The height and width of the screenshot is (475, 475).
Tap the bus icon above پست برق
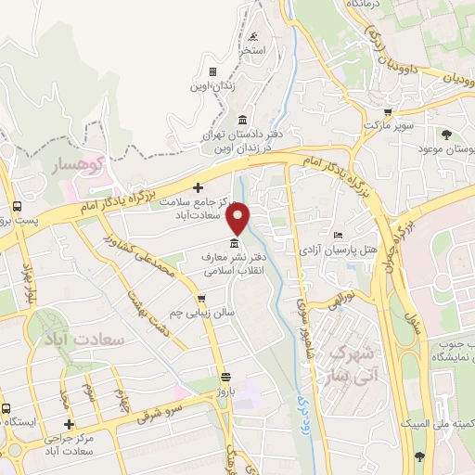click(x=17, y=206)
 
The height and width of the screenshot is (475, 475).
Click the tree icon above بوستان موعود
click(x=446, y=135)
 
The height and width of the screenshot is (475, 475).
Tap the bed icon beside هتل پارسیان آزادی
click(x=338, y=236)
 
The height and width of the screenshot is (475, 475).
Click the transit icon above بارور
click(x=225, y=377)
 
